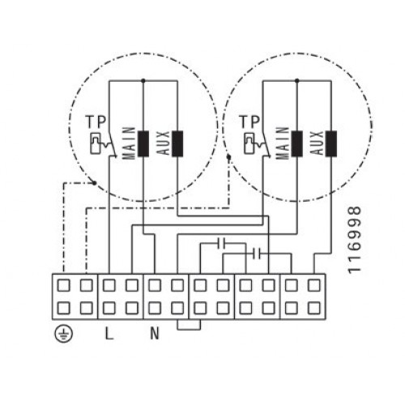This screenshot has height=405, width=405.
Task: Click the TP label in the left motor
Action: pyautogui.click(x=96, y=122)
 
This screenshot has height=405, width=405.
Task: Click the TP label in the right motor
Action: pyautogui.click(x=249, y=122)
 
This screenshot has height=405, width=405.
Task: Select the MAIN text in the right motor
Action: pyautogui.click(x=283, y=143)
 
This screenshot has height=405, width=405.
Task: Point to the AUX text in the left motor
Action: pyautogui.click(x=164, y=143)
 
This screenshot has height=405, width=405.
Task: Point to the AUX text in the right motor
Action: pyautogui.click(x=317, y=143)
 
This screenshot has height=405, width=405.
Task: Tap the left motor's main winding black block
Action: pyautogui.click(x=143, y=143)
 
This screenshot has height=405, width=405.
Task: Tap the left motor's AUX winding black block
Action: pyautogui.click(x=177, y=143)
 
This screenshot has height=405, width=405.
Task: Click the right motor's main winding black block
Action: pyautogui.click(x=296, y=143)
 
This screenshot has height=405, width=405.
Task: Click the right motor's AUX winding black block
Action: pyautogui.click(x=331, y=143)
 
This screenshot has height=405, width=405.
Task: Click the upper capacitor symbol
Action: pyautogui.click(x=222, y=243)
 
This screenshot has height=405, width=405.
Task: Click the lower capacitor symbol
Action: pyautogui.click(x=256, y=254)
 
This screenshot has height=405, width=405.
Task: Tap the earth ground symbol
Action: pyautogui.click(x=64, y=335)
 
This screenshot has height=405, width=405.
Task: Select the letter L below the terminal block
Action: pyautogui.click(x=109, y=334)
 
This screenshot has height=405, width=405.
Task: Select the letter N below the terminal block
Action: pyautogui.click(x=155, y=334)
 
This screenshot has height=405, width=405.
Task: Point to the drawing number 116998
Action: pyautogui.click(x=354, y=240)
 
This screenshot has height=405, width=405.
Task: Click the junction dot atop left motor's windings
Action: pyautogui.click(x=143, y=80)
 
